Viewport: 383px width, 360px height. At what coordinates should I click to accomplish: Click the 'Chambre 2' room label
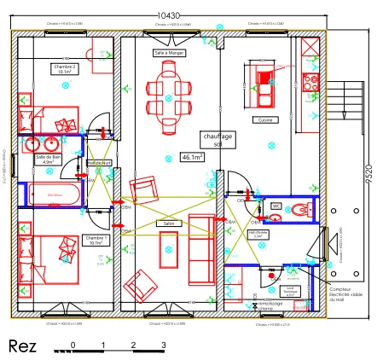(65, 69)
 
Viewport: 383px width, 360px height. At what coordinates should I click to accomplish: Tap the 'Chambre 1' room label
(94, 240)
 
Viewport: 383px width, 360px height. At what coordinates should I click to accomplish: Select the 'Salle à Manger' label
(170, 52)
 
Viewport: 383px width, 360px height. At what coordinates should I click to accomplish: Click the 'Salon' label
(166, 224)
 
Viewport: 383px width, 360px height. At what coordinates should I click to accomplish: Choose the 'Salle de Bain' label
(49, 159)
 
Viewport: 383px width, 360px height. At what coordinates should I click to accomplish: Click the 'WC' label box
(276, 206)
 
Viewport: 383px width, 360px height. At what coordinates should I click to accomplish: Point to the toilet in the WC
(304, 208)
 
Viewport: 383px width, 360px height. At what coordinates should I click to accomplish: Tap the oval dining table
(170, 94)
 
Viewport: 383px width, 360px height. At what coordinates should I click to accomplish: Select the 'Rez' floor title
(21, 345)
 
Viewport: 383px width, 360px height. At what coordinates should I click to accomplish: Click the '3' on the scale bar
(163, 345)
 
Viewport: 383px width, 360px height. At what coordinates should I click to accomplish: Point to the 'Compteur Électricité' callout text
(347, 293)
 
